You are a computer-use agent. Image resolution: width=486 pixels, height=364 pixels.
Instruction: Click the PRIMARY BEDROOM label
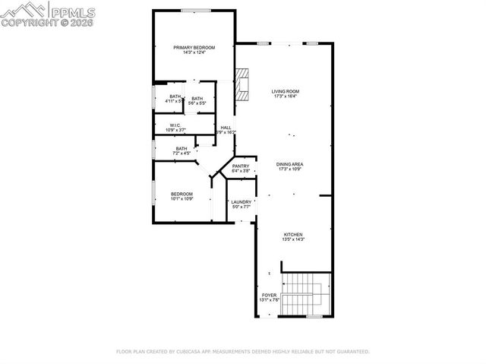tap(189, 48)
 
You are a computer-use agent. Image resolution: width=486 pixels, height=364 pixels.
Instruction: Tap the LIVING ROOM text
tap(286, 91)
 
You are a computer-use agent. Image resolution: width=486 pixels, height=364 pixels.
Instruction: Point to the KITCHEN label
tap(293, 234)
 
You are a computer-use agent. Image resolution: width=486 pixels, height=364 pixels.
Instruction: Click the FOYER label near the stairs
tap(270, 295)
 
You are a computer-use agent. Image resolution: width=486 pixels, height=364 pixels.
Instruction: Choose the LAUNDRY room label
tap(241, 201)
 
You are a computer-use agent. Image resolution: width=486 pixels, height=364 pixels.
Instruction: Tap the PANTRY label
tap(241, 166)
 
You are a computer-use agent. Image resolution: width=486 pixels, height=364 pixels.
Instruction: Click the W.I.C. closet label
tap(175, 125)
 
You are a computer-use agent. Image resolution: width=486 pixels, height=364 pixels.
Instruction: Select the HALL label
tap(226, 128)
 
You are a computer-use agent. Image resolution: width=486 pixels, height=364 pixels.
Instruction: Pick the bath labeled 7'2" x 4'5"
tap(181, 148)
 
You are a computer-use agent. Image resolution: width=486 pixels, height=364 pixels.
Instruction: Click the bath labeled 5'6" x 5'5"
tap(197, 98)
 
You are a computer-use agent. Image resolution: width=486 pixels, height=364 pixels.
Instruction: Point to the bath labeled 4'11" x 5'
tap(175, 96)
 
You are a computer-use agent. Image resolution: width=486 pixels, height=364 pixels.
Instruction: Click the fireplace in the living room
tap(241, 84)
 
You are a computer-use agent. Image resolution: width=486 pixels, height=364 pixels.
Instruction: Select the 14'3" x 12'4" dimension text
tap(189, 52)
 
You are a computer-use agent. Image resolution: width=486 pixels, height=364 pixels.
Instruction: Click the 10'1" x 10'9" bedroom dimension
tap(181, 198)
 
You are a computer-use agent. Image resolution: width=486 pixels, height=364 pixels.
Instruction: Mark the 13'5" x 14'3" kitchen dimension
tap(293, 239)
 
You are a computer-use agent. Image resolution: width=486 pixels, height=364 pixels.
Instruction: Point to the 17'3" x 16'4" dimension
tap(286, 97)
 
